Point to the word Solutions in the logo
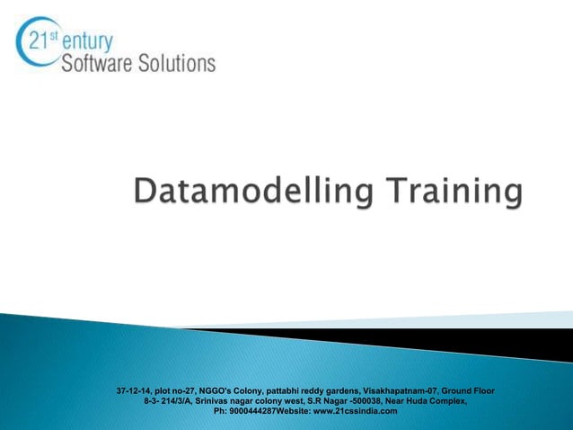click(180, 63)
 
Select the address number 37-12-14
click(134, 390)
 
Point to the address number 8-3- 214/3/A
click(168, 400)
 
